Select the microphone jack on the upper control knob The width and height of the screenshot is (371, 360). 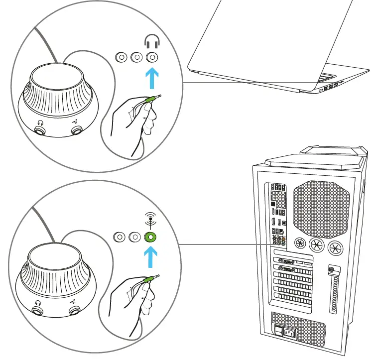(77, 130)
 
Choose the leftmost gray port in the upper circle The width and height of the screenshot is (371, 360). (120, 57)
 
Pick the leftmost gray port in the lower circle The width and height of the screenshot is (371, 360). (120, 237)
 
